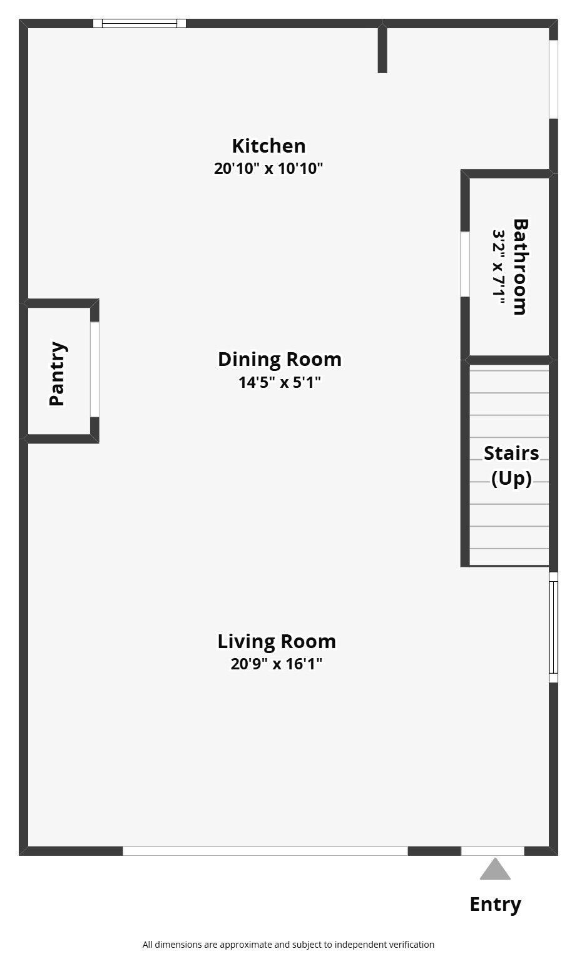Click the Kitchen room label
pos(268,146)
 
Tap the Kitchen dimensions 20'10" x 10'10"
pos(268,169)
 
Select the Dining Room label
pos(280,360)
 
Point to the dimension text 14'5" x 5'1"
pos(280,382)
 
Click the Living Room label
pos(277,641)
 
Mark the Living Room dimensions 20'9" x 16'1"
pos(277,664)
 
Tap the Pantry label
pos(58,373)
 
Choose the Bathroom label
pos(520,267)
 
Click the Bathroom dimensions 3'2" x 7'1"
pos(499,267)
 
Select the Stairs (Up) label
pos(511,465)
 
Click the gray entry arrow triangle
pos(495,870)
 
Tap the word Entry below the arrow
pos(495,904)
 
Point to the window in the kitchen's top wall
pos(140,23)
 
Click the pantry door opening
pos(94,369)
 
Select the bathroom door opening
pos(465,264)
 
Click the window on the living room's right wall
pos(553,627)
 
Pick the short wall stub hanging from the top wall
pos(382,48)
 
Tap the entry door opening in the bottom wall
pos(493,851)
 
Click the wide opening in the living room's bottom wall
pos(265,851)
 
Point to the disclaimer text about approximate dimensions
pos(288,945)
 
